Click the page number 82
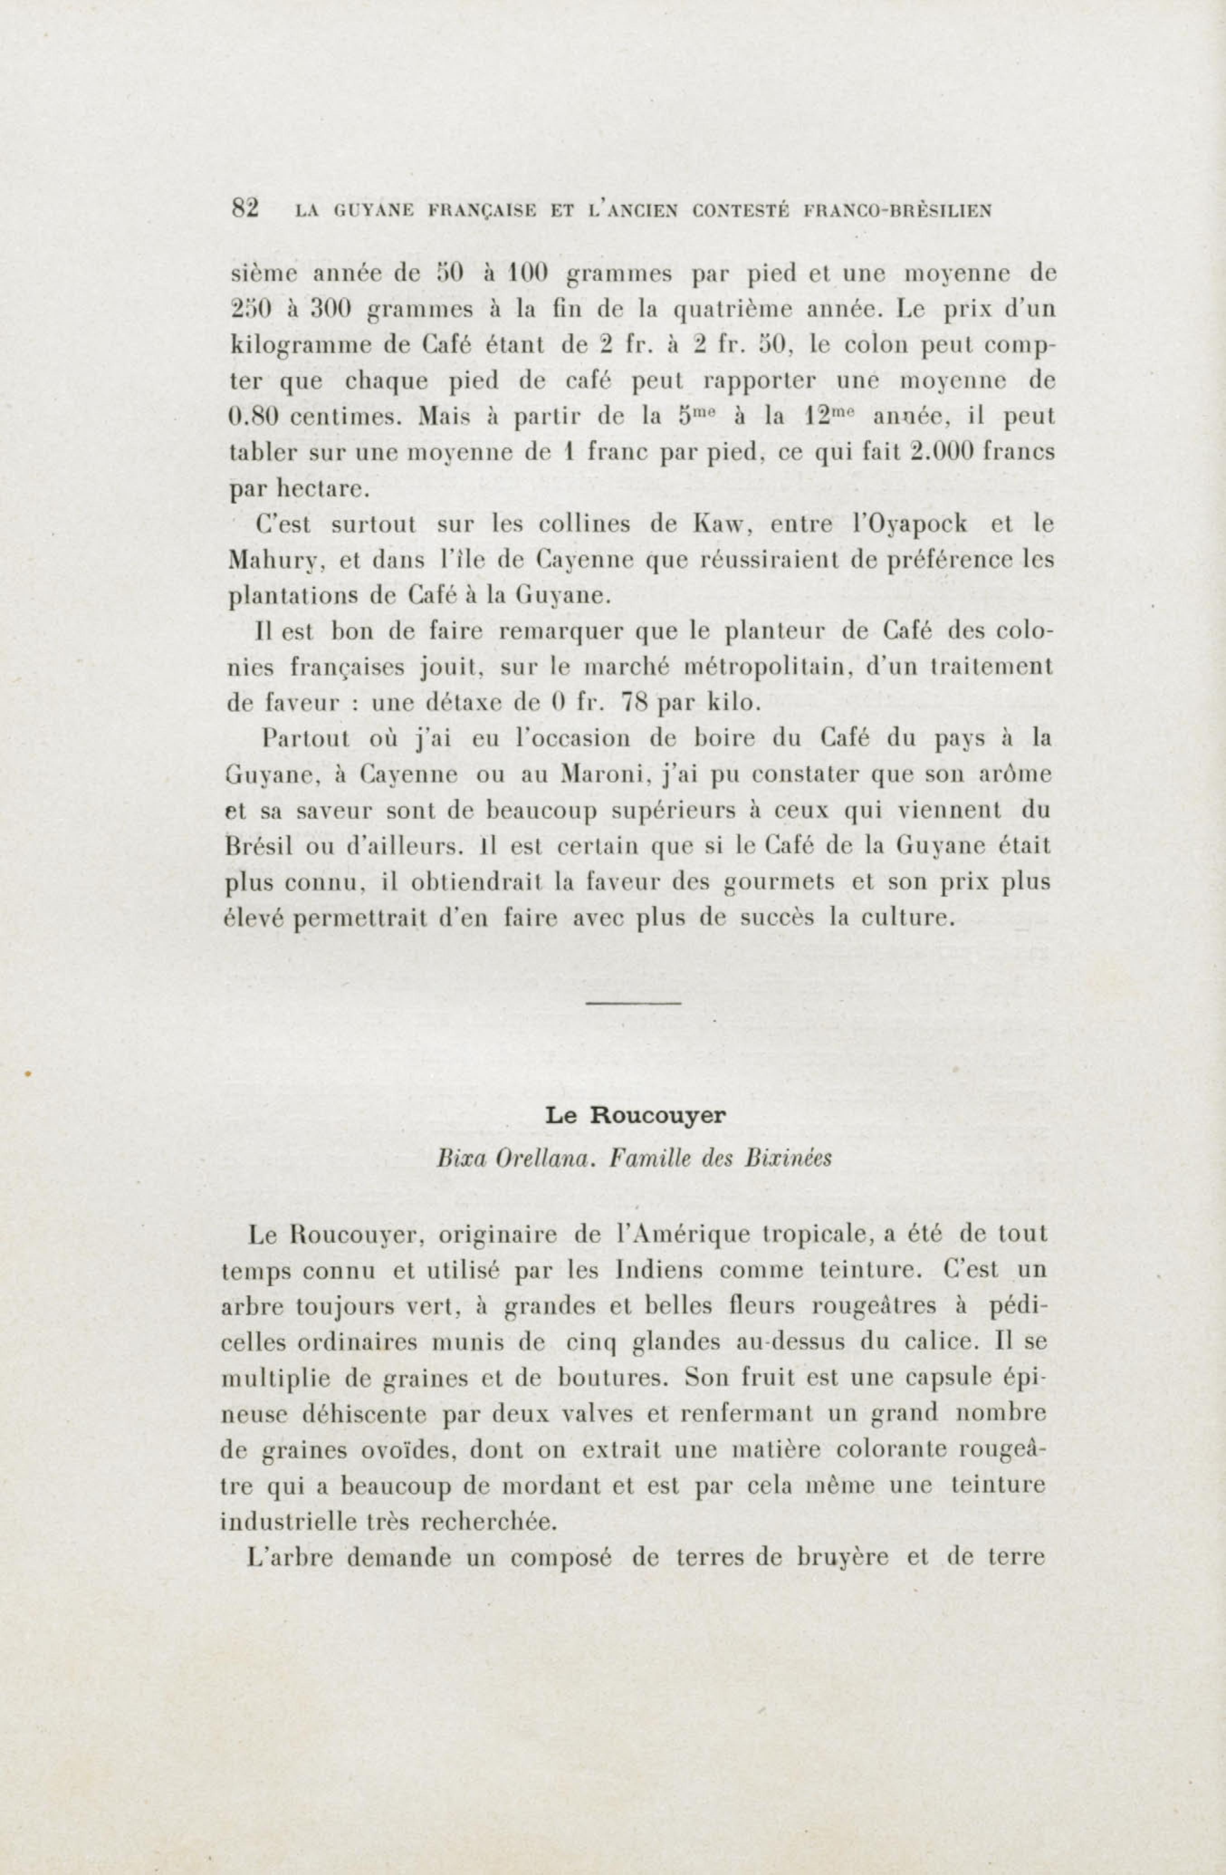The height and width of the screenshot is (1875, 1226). tap(246, 208)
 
